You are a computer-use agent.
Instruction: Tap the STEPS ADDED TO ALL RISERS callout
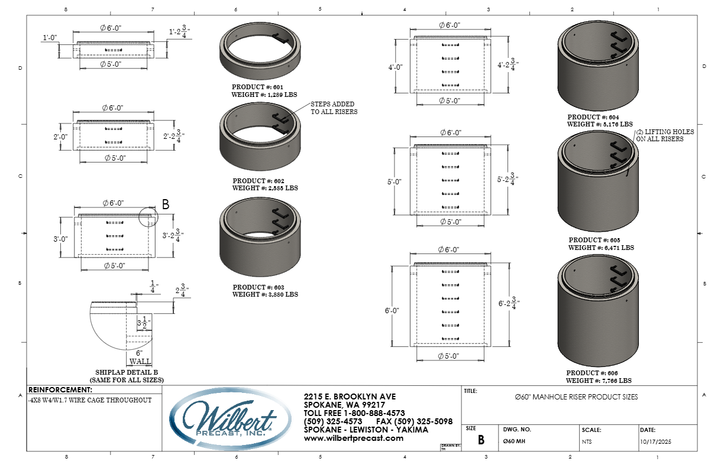coord(334,108)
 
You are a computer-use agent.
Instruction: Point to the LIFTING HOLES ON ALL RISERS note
coord(665,135)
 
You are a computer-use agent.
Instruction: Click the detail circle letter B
coord(166,205)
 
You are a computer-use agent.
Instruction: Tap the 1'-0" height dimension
coord(50,38)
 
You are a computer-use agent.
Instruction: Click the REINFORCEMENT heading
coord(60,390)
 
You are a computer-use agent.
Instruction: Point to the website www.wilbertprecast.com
coord(353,438)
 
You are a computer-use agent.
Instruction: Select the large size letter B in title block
coord(481,440)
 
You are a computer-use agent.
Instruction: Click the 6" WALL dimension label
coord(140,357)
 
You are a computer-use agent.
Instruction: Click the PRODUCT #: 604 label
coord(596,117)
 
